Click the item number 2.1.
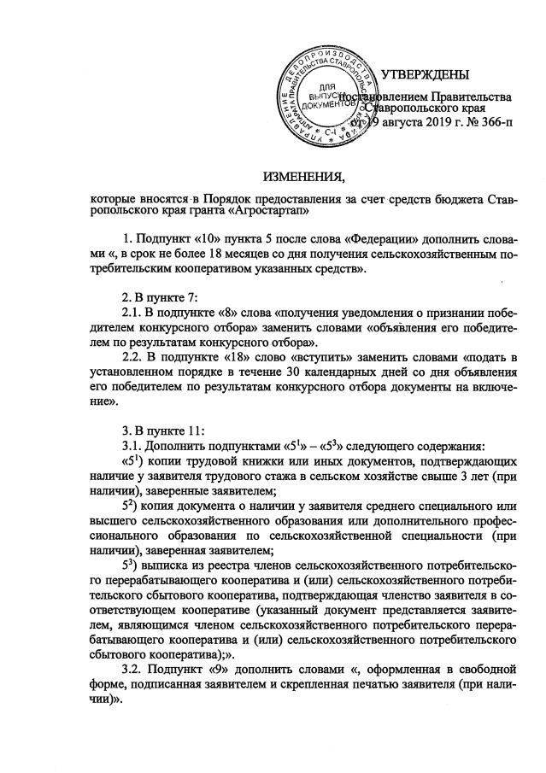[x=135, y=315]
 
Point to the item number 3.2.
[x=135, y=671]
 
